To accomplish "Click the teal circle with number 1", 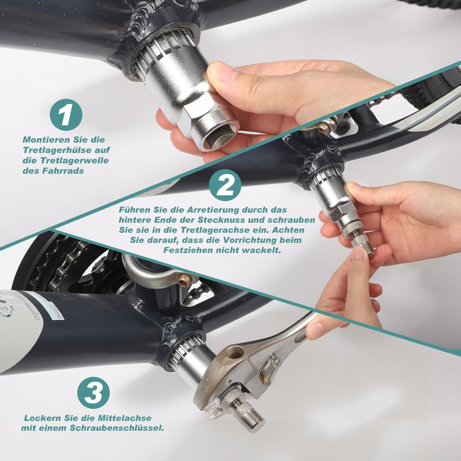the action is click(66, 115).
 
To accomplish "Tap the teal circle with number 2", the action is click(225, 185).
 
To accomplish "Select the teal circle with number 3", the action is click(93, 392).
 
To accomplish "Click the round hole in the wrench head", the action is click(235, 352).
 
